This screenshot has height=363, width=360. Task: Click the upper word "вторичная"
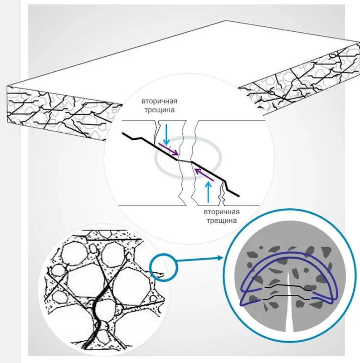(x=160, y=101)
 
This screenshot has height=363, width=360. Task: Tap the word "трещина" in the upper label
(x=160, y=110)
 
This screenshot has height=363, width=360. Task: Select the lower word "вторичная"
(x=222, y=212)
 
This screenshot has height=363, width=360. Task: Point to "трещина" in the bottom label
(x=222, y=221)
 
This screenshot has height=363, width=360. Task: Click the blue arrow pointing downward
(x=166, y=135)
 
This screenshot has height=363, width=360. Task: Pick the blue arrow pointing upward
(x=209, y=192)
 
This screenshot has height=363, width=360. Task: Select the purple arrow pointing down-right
(x=168, y=149)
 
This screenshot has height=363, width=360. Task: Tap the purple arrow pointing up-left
(x=204, y=175)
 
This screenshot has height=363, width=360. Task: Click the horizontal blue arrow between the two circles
(x=199, y=259)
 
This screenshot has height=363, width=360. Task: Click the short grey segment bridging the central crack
(x=185, y=161)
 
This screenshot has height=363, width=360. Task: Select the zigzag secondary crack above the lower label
(x=222, y=194)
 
